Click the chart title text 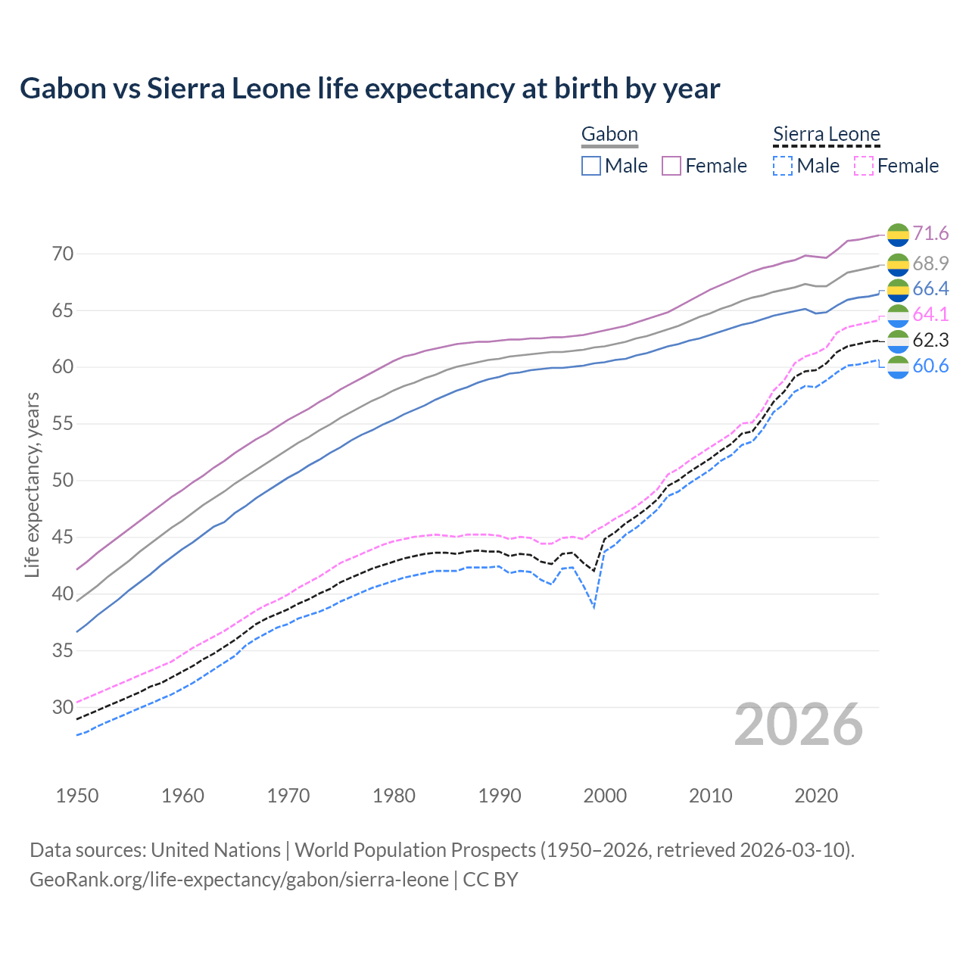369,89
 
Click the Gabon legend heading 609,135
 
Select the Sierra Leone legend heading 826,135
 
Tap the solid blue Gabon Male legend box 591,166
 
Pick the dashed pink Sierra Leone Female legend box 864,166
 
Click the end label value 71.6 930,234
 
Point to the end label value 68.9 930,263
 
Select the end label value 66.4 930,288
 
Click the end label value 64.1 930,314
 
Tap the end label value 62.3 930,340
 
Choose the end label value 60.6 930,366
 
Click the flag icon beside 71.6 898,235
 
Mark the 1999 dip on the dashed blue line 594,606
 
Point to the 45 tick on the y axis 63,537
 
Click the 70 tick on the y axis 63,254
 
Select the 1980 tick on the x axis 394,796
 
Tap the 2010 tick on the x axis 710,796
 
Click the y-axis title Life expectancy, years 33,484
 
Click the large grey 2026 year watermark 799,725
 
